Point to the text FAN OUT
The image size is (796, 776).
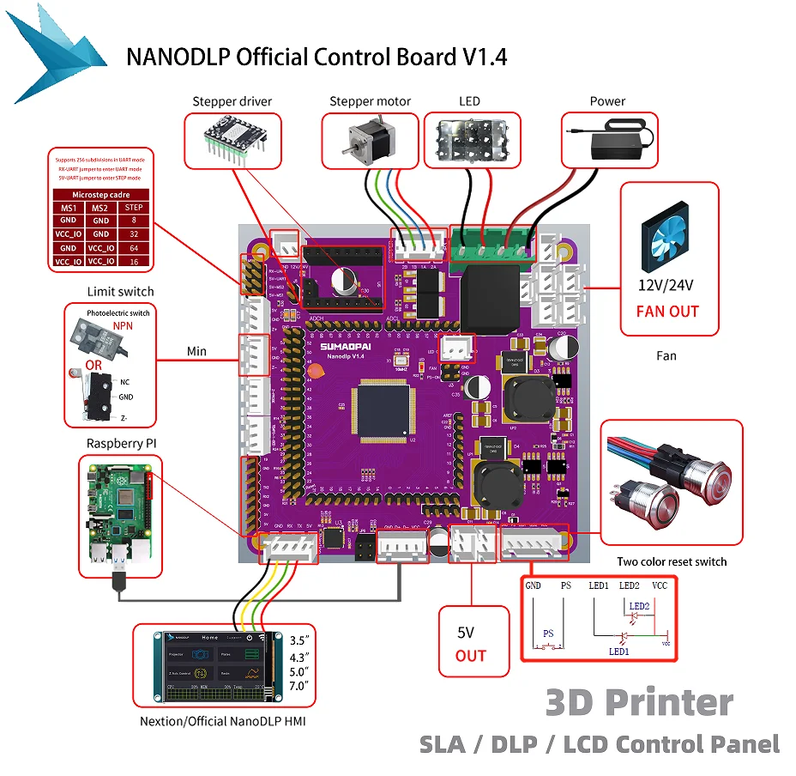(667, 312)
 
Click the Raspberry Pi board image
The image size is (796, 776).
(119, 515)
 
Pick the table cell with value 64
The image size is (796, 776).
(134, 247)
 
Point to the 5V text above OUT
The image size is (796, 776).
(466, 633)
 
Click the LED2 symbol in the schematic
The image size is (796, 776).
(639, 606)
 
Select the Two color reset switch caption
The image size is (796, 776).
(672, 561)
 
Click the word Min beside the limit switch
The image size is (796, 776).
(198, 351)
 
